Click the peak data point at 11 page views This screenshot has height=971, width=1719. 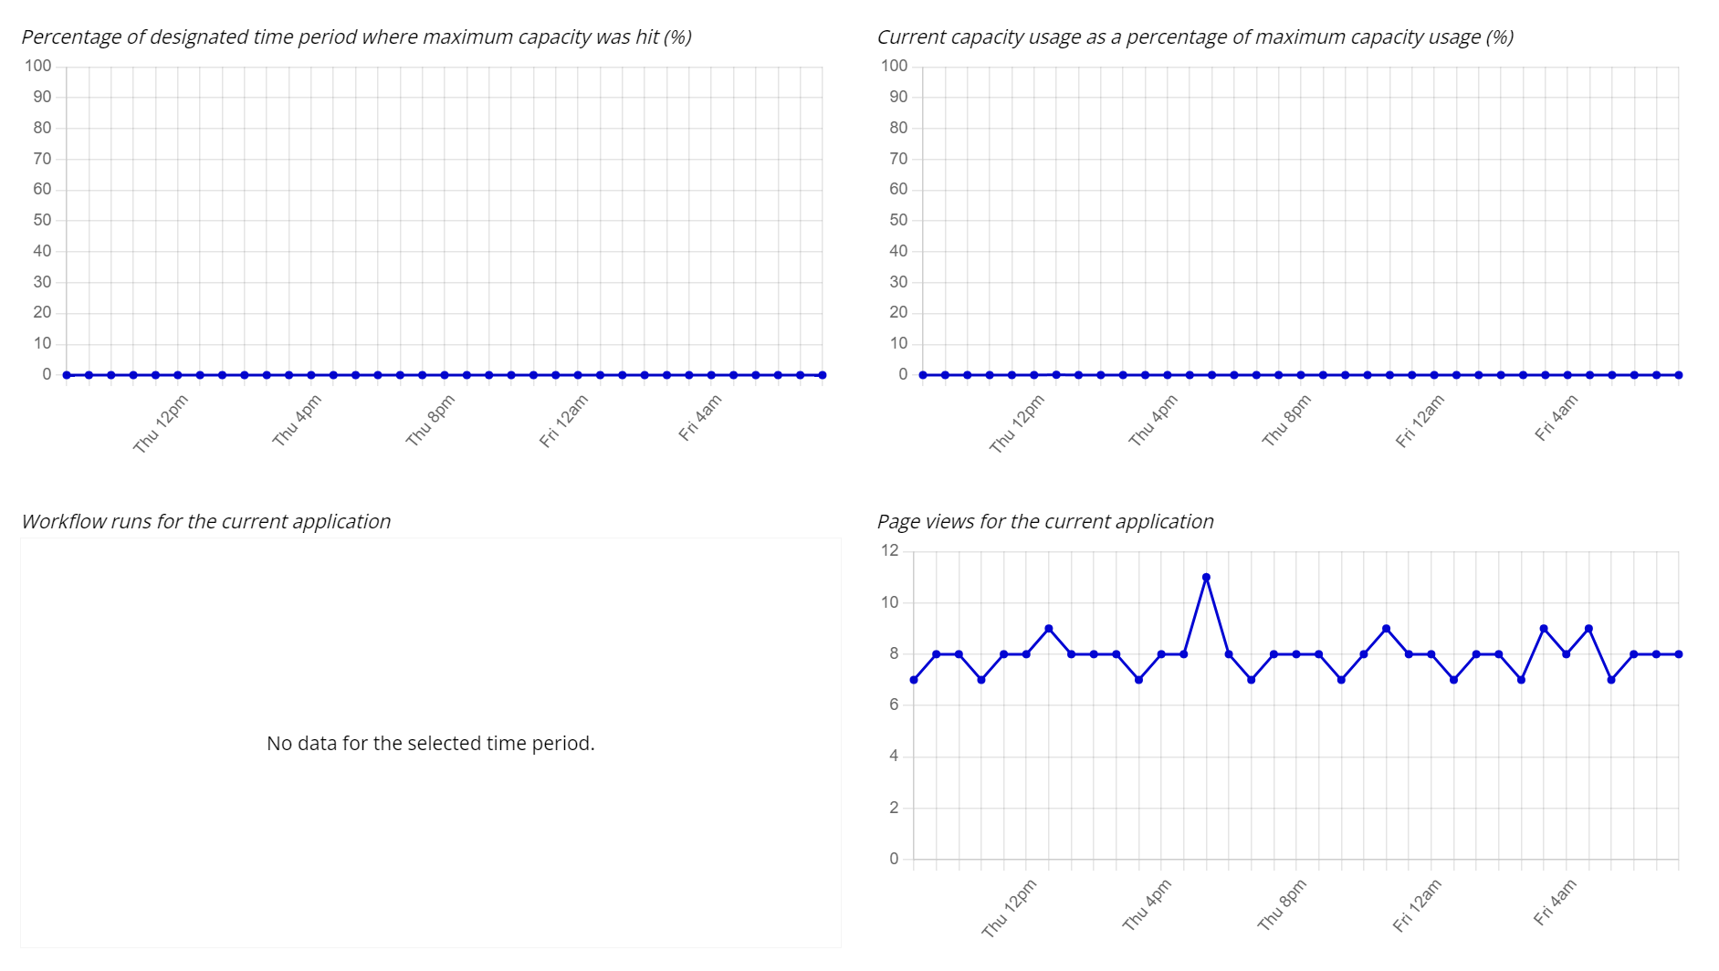[x=1206, y=578]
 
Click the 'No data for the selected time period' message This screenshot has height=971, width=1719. [x=430, y=744]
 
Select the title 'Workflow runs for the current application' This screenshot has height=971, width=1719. [x=206, y=522]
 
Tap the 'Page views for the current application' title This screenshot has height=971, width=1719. [x=1045, y=522]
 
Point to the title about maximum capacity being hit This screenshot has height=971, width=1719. [x=356, y=37]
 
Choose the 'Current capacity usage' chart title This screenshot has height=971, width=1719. [x=1195, y=37]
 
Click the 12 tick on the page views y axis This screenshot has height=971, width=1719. [x=890, y=550]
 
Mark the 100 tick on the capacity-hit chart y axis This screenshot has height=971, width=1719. [x=38, y=66]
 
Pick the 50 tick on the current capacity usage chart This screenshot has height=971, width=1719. [x=898, y=220]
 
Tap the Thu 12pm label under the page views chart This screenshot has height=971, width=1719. [x=1010, y=907]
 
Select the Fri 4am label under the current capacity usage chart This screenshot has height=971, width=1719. [x=1557, y=418]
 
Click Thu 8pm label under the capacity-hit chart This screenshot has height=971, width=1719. [x=431, y=421]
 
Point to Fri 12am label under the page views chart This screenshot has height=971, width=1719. [x=1417, y=905]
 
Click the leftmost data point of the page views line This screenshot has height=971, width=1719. [x=914, y=680]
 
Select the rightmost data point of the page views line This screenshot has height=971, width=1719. [x=1678, y=654]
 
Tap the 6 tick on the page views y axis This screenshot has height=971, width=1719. [x=894, y=705]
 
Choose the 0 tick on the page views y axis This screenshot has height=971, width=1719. [x=894, y=859]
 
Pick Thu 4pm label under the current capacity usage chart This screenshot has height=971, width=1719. [x=1154, y=421]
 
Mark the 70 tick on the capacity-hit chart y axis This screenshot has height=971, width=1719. [x=42, y=159]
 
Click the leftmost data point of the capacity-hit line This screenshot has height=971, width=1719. [x=67, y=375]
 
